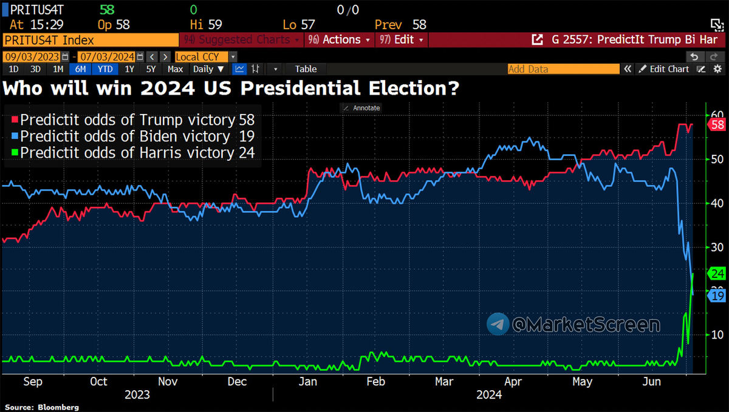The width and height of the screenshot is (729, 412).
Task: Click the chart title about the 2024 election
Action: click(x=231, y=89)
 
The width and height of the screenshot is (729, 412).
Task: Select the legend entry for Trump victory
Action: click(x=128, y=120)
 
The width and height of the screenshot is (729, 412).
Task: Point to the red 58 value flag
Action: click(x=717, y=124)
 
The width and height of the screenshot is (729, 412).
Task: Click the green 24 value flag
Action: click(x=717, y=273)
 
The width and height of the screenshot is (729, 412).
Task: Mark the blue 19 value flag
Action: click(x=717, y=295)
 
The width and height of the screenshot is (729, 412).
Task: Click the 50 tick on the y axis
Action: click(x=716, y=160)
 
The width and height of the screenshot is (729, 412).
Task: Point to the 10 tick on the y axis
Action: click(x=716, y=334)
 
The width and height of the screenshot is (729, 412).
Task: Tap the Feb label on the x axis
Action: click(x=376, y=382)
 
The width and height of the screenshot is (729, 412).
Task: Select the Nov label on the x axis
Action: click(x=168, y=382)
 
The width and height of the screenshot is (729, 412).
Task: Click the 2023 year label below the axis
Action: click(x=137, y=395)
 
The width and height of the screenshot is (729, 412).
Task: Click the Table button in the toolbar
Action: click(x=306, y=69)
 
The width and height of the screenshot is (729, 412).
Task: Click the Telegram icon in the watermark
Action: click(x=498, y=324)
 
